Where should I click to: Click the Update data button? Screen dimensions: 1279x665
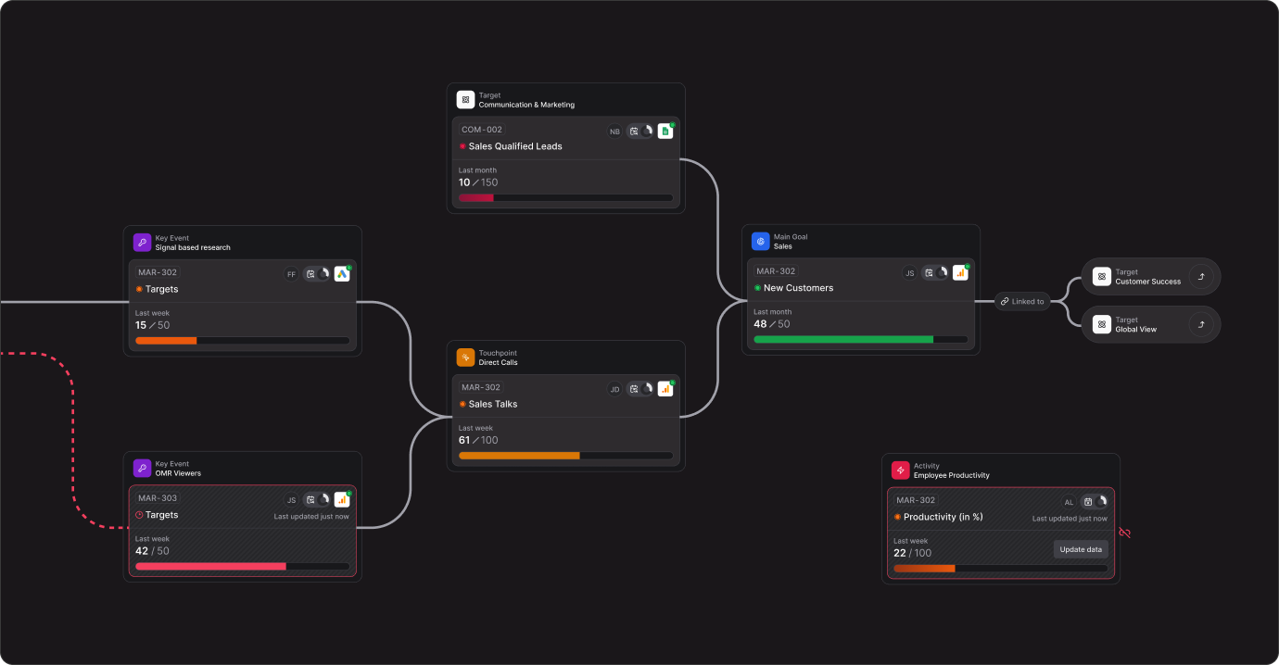coord(1081,549)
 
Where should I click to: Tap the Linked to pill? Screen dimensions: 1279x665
coord(1022,301)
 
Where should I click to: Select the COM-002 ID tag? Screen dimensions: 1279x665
coord(482,130)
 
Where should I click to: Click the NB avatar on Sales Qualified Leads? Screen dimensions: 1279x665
coord(614,132)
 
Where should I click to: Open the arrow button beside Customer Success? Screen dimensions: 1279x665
coord(1201,277)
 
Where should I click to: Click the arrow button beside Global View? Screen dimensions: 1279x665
coord(1201,325)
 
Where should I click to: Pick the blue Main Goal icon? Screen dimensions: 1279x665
coord(761,242)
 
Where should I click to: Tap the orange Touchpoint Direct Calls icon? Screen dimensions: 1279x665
coord(465,358)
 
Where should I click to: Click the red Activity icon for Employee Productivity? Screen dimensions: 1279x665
coord(901,471)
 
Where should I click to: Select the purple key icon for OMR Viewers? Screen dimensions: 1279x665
coord(142,468)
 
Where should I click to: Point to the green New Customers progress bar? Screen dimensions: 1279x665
coord(843,340)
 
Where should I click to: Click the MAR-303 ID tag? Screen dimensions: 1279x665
coord(158,498)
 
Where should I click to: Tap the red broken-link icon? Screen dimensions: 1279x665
coord(1125,533)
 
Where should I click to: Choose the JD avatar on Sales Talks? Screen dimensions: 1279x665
coord(614,389)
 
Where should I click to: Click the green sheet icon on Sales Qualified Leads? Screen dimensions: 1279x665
coord(665,132)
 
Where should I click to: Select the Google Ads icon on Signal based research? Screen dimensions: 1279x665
coord(342,274)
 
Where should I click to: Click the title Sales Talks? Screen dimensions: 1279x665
coord(493,404)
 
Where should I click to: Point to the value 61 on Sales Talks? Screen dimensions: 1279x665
coord(464,440)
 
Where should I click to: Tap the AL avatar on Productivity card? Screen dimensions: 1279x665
coord(1069,502)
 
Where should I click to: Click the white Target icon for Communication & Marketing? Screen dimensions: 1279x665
coord(465,100)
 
